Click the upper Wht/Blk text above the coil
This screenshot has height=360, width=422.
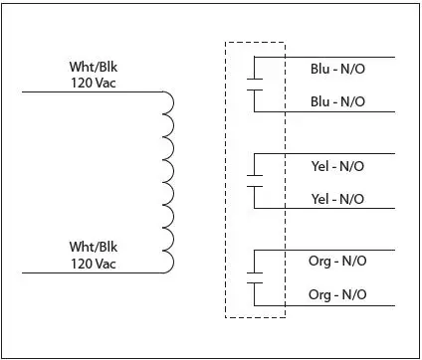[93, 68]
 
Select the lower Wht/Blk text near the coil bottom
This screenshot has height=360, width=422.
[93, 246]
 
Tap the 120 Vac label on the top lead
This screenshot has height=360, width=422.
[93, 82]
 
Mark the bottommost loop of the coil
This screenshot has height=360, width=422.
[168, 260]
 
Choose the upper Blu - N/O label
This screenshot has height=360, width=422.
[337, 72]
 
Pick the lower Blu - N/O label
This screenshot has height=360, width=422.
[337, 101]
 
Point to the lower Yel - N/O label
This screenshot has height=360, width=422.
[337, 199]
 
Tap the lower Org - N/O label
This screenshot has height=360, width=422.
[337, 296]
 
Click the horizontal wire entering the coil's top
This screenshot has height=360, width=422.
[90, 91]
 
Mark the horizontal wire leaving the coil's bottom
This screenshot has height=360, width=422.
[90, 270]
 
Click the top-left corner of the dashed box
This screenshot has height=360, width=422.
[226, 43]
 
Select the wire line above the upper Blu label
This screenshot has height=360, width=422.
[338, 57]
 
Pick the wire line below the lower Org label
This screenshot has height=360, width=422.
[338, 306]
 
